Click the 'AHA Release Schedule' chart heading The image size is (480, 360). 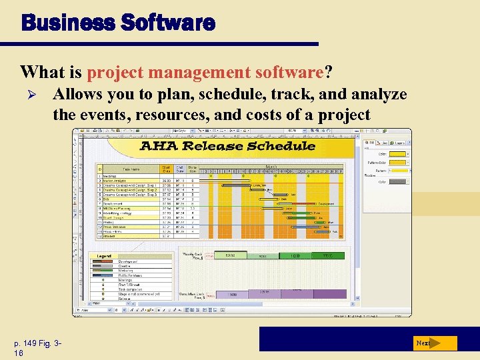click(x=227, y=146)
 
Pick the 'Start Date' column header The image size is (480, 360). click(x=165, y=169)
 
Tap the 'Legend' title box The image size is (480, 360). click(x=105, y=256)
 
